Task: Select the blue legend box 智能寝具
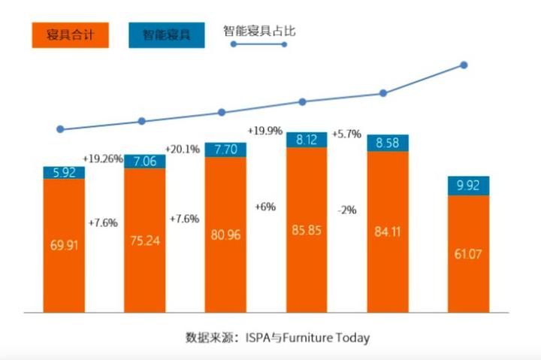[x=166, y=35]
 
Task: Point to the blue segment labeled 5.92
[x=63, y=173]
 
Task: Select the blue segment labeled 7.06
[x=144, y=161]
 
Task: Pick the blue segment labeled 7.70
[x=225, y=150]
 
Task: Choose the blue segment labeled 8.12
[x=307, y=139]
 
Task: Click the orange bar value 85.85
[x=307, y=230]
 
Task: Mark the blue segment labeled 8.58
[x=388, y=143]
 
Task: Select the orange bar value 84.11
[x=388, y=230]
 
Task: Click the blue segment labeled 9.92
[x=469, y=186]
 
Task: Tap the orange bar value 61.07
[x=469, y=254]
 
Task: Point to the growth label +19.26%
[x=104, y=159]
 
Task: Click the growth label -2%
[x=347, y=210]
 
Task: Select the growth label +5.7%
[x=347, y=134]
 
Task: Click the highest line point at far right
[x=464, y=65]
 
